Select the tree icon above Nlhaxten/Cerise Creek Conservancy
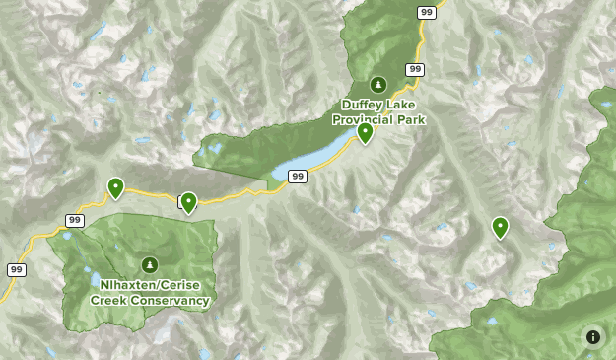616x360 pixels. click(x=150, y=264)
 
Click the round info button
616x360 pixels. click(x=593, y=336)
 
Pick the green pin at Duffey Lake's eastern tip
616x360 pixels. click(x=366, y=132)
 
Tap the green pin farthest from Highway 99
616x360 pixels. click(x=501, y=227)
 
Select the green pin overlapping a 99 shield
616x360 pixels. click(x=188, y=202)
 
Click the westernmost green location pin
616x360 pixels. click(x=116, y=186)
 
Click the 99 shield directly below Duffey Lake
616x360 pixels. click(x=298, y=176)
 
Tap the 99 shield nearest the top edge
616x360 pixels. click(x=426, y=12)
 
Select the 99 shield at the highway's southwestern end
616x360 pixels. click(x=17, y=269)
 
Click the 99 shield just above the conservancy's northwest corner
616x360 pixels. click(x=76, y=220)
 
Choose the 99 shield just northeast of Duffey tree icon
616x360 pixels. click(x=414, y=69)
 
